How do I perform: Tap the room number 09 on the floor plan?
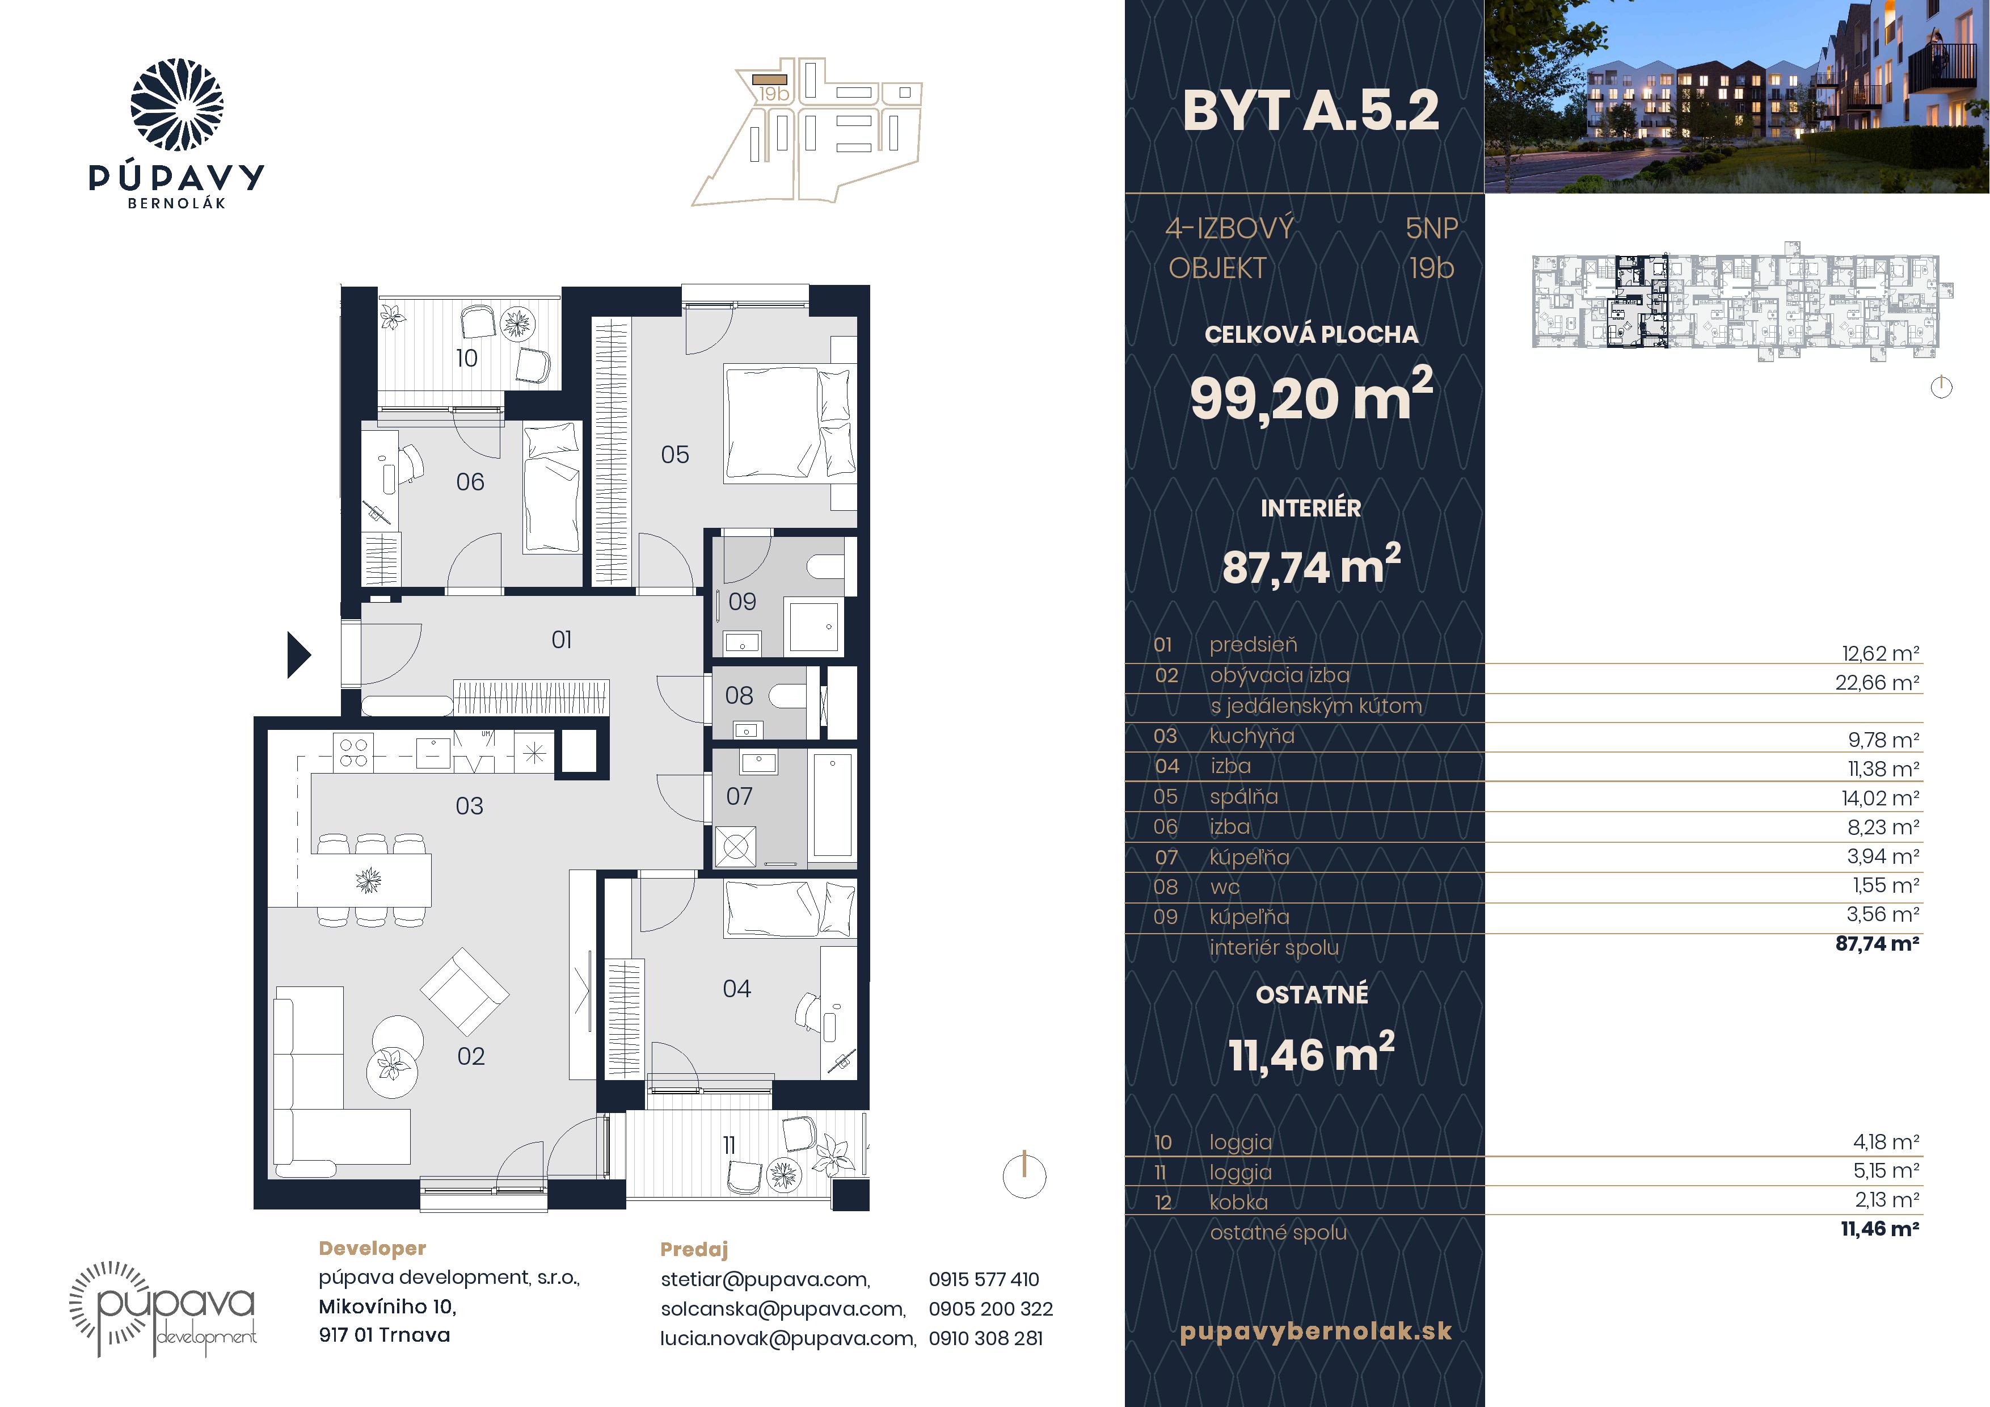[x=742, y=602]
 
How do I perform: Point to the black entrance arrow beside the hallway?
[x=299, y=654]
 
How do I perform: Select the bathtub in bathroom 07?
[x=832, y=804]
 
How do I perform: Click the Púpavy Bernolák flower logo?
[x=177, y=105]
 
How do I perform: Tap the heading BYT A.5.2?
[x=1310, y=111]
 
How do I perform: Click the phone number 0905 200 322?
[x=990, y=1309]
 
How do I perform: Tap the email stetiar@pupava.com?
[x=765, y=1279]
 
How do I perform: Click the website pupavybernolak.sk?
[x=1316, y=1332]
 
